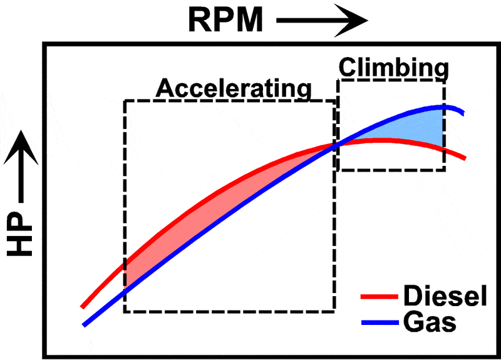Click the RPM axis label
coord(225,20)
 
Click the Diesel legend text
coord(445,296)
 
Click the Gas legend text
coord(430,323)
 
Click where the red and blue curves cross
coord(336,145)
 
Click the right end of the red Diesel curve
coord(464,158)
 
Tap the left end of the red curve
coord(82,307)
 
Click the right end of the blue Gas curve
coord(463,113)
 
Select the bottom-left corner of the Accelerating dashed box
coord(125,311)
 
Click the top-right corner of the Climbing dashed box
coord(445,81)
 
